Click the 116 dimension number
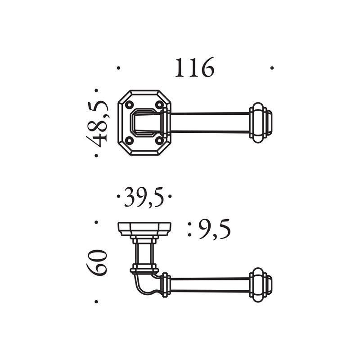coord(195,67)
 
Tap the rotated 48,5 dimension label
coord(97,123)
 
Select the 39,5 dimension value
coord(144,197)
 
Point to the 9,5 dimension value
coord(215,229)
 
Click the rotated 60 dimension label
coord(97,262)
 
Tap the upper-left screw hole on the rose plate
coord(129,105)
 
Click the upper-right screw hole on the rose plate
coord(159,105)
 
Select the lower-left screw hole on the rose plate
coord(129,140)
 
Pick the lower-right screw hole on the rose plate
coord(159,140)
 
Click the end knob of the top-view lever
coord(261,123)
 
